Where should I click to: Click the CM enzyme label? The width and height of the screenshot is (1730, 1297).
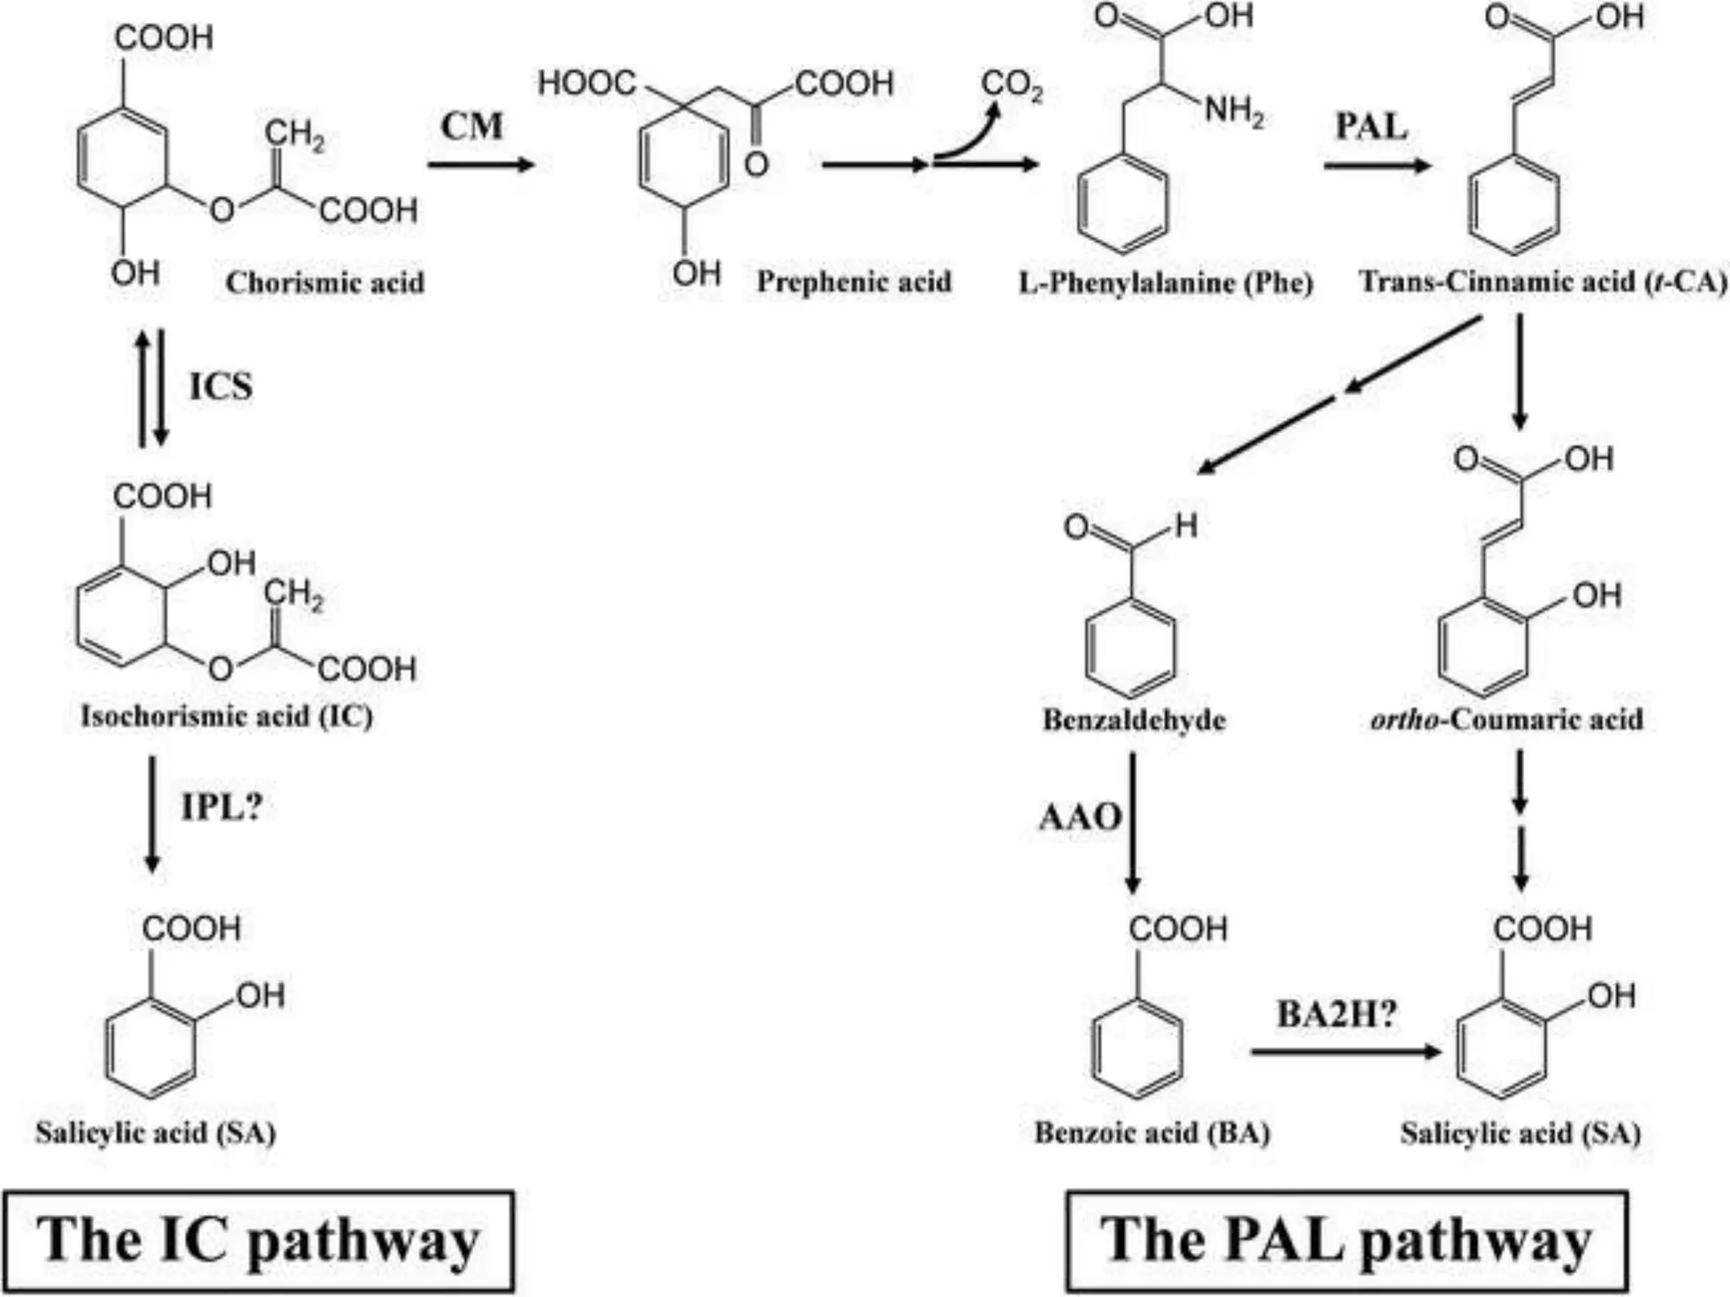(471, 127)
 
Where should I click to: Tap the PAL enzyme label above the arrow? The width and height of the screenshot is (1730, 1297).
(1371, 127)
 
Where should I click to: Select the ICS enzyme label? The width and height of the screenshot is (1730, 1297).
(220, 387)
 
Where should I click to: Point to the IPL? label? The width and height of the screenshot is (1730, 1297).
(221, 807)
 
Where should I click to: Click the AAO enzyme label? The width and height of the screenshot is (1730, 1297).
(1080, 817)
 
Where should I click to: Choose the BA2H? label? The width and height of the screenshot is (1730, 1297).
(1336, 1013)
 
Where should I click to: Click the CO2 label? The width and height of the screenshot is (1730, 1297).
(1011, 85)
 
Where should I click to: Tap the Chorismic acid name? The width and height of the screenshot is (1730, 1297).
(324, 283)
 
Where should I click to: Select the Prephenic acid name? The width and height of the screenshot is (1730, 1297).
(853, 282)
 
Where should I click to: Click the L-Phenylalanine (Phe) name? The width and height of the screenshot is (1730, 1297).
(1166, 282)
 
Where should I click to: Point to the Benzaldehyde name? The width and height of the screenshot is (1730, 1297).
(1134, 719)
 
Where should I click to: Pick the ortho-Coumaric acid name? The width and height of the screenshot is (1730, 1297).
(1506, 719)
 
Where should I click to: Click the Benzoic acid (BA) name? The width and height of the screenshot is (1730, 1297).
(1152, 1132)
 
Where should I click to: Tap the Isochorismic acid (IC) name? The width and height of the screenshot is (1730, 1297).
(226, 716)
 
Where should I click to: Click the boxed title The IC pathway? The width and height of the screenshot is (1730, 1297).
(258, 1240)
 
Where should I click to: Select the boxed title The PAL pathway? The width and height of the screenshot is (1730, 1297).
(1346, 1240)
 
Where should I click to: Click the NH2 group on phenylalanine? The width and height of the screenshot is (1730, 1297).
(1233, 111)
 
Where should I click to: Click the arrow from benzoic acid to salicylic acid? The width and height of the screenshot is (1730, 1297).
(1345, 1052)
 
